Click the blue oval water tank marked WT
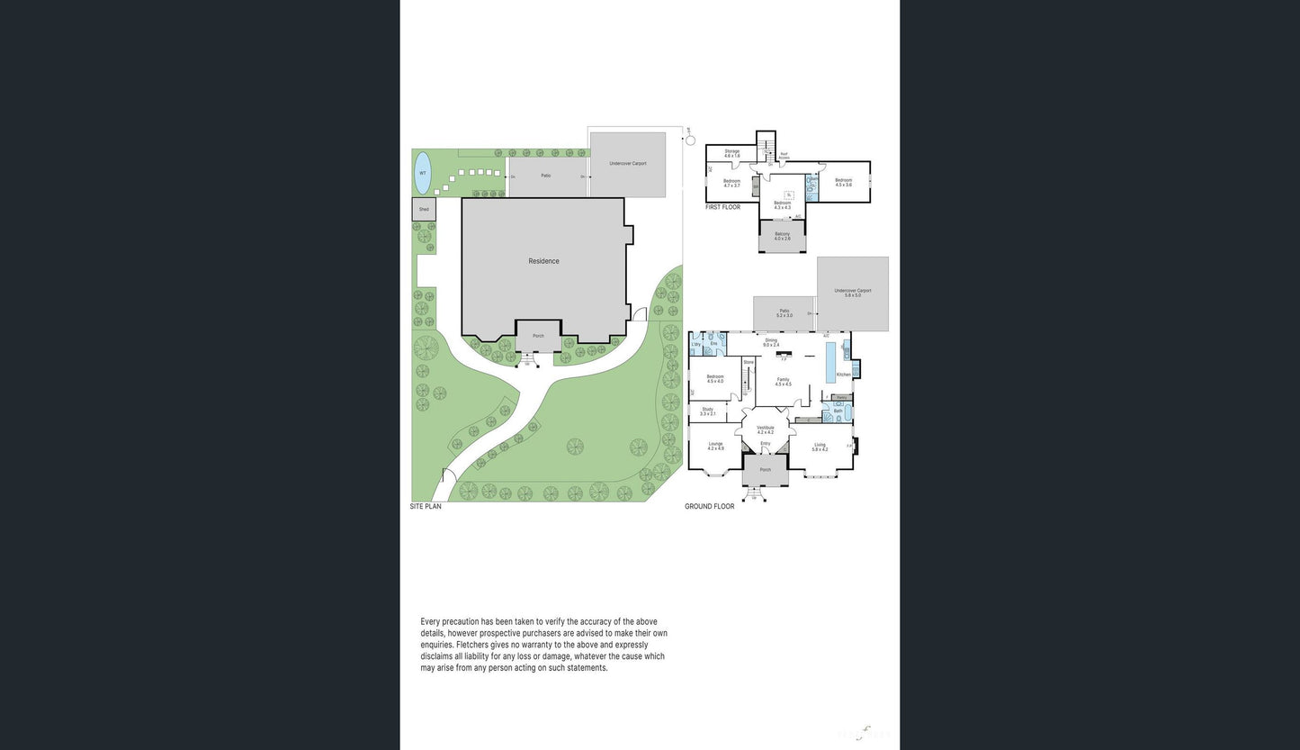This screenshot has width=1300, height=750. click(422, 173)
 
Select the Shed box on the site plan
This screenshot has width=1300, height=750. click(423, 209)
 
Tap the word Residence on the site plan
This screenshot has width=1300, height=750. click(543, 261)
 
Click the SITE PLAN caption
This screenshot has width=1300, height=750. click(426, 507)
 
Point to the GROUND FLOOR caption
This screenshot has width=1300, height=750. click(709, 507)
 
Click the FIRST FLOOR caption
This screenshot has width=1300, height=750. click(722, 207)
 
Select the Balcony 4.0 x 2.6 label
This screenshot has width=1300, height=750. click(782, 236)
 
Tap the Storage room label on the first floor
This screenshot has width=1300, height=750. click(731, 153)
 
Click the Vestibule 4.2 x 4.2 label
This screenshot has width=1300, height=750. click(765, 429)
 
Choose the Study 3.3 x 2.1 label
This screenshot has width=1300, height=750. click(708, 411)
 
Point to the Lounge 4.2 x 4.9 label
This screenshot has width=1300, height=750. click(715, 446)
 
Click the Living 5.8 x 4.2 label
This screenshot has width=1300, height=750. click(820, 447)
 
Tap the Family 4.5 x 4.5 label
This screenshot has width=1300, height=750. click(783, 382)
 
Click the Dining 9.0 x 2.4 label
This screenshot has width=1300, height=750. click(771, 342)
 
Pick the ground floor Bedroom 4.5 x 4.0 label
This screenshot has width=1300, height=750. click(715, 378)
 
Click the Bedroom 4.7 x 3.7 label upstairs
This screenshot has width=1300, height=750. click(731, 183)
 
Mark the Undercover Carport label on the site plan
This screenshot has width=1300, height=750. click(627, 164)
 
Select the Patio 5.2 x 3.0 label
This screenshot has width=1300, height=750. click(784, 312)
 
